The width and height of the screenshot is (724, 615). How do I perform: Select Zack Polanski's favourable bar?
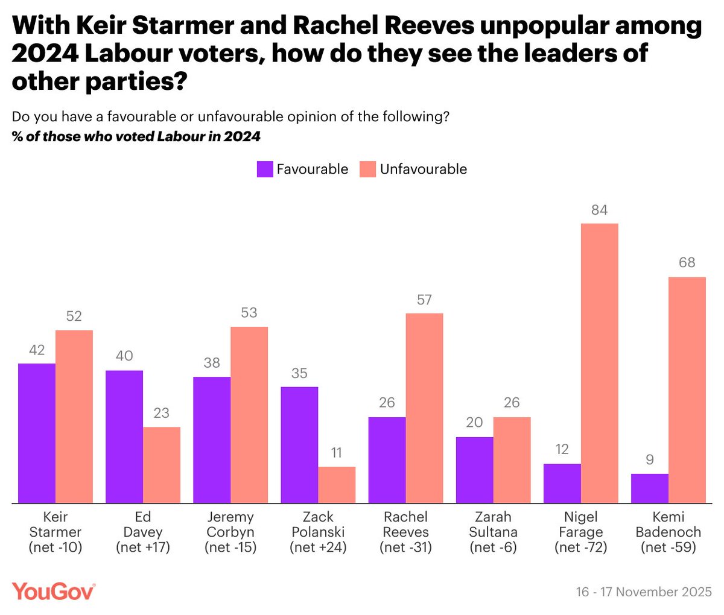tap(299, 444)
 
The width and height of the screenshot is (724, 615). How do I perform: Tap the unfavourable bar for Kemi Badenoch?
tap(687, 389)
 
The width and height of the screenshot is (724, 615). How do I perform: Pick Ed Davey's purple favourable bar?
tap(124, 437)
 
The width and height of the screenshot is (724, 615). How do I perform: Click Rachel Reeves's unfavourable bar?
tap(424, 408)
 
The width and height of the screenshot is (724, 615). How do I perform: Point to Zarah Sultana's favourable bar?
tap(474, 470)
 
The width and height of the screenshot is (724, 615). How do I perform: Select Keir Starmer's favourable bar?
tap(37, 433)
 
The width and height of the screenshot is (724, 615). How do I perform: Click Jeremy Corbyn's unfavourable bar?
tap(249, 414)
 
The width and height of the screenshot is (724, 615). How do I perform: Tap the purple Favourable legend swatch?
tap(265, 169)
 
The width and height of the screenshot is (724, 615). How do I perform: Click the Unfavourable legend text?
tap(423, 169)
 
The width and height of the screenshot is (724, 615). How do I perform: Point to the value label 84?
tap(599, 210)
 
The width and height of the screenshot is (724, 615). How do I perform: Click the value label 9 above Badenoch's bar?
tap(649, 460)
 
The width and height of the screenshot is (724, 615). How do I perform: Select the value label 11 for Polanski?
tap(337, 453)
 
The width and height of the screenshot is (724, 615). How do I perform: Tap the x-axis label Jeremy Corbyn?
tap(230, 525)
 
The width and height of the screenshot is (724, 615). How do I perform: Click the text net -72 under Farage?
tap(580, 547)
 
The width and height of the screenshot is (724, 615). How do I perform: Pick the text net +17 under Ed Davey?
tap(143, 547)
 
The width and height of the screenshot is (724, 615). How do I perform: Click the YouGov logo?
tap(53, 591)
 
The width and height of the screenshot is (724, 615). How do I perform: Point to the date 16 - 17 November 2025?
tap(644, 591)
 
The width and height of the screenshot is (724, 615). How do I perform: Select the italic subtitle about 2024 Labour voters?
tap(136, 136)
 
